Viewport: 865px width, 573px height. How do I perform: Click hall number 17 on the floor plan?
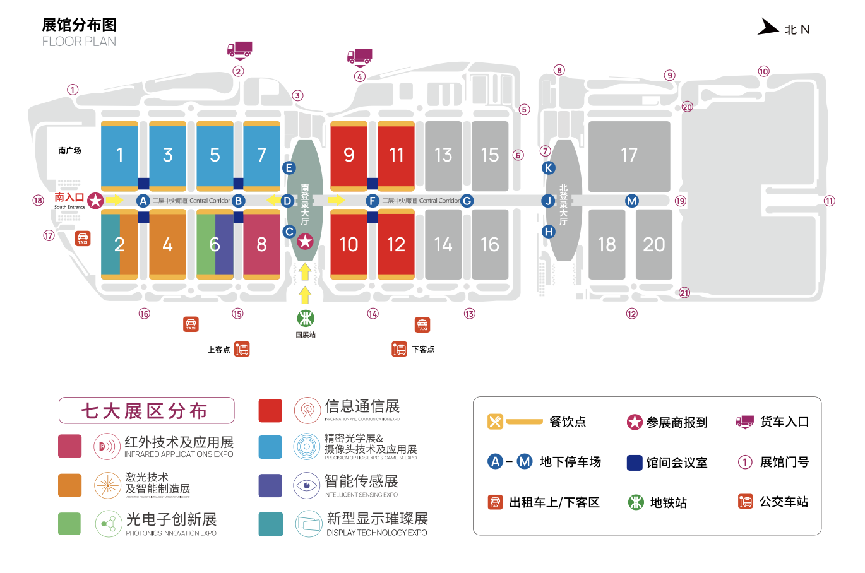(629, 155)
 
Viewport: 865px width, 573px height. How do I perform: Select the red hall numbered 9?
(349, 155)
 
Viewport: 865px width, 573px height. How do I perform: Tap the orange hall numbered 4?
(167, 244)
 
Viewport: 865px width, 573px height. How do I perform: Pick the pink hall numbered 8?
(261, 244)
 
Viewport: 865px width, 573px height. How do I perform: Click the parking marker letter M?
(631, 201)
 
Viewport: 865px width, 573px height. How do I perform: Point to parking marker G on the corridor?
(467, 201)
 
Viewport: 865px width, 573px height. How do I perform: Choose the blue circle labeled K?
(548, 168)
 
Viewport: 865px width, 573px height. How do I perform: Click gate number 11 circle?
(829, 201)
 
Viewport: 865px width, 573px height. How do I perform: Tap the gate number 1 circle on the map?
(73, 90)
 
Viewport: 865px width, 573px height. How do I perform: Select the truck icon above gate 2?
(239, 49)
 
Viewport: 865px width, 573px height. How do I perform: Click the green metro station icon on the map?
(306, 317)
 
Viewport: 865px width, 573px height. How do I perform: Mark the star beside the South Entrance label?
(95, 201)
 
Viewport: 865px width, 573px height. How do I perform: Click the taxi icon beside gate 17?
(83, 239)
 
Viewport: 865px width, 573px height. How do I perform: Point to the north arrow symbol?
(768, 27)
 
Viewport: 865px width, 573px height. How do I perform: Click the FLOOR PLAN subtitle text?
(79, 42)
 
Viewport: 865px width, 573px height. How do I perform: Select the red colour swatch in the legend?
(270, 410)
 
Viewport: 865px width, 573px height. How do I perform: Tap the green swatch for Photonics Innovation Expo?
(69, 524)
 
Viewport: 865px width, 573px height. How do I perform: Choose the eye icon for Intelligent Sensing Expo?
(307, 485)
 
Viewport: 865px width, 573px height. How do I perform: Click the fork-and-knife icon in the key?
(495, 422)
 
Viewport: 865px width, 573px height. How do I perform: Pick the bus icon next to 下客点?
(399, 349)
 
